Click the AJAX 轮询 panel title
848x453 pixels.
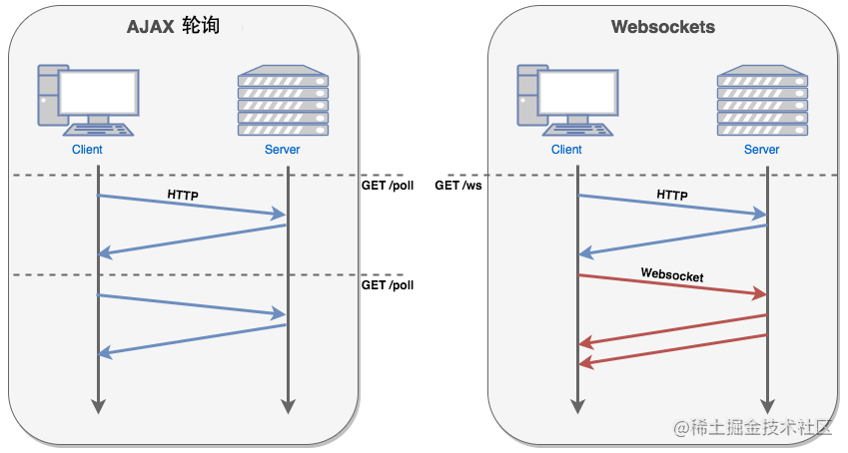[x=173, y=26]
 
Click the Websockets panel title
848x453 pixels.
[x=663, y=27]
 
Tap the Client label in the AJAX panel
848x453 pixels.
[x=87, y=150]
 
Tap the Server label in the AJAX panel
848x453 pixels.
[x=283, y=150]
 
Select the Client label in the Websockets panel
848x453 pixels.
[x=566, y=150]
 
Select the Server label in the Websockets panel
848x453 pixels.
[x=761, y=150]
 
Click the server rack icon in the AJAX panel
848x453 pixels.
[x=283, y=100]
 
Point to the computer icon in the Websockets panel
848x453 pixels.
[x=567, y=100]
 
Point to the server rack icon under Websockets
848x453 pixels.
[x=762, y=100]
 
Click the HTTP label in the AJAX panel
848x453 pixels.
[x=183, y=195]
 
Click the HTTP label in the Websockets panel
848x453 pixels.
[x=672, y=195]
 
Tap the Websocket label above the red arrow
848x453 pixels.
[x=672, y=275]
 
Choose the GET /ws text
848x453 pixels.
[x=458, y=186]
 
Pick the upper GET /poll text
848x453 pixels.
[x=388, y=186]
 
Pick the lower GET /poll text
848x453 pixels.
[x=388, y=285]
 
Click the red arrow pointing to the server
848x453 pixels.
[x=672, y=285]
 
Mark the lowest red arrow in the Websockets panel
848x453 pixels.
[x=673, y=350]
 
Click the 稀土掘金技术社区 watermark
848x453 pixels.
[x=752, y=427]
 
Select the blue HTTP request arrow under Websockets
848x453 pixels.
[x=672, y=205]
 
